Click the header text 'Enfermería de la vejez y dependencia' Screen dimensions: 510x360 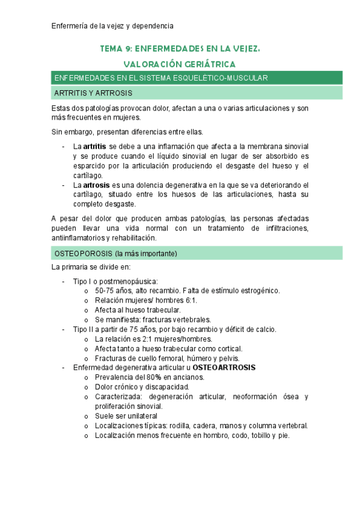tap(112, 26)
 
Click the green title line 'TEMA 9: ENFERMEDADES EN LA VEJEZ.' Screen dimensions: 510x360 tap(180, 49)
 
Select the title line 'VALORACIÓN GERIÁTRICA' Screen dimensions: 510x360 tap(180, 64)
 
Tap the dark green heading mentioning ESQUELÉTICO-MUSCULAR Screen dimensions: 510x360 tap(160, 78)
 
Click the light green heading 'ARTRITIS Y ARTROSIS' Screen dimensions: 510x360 tap(93, 93)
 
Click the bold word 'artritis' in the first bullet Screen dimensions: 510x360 tap(96, 146)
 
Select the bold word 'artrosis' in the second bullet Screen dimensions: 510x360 tap(96, 185)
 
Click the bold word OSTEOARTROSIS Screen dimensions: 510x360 tap(224, 367)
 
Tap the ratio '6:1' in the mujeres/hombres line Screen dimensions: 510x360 tap(189, 300)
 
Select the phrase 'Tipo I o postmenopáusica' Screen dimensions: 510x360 tap(115, 281)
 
